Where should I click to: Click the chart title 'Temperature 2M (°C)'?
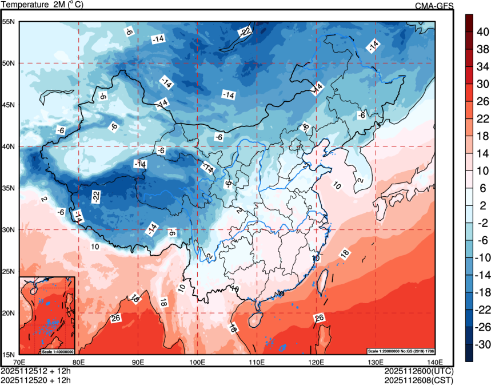click(42, 5)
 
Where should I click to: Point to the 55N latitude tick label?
click(9, 22)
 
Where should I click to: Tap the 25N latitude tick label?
click(9, 271)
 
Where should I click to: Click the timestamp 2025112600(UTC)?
click(418, 371)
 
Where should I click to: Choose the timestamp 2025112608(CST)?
click(418, 379)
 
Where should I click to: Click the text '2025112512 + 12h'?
click(35, 371)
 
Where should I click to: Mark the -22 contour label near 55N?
click(245, 31)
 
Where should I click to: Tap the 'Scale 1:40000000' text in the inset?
click(57, 351)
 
